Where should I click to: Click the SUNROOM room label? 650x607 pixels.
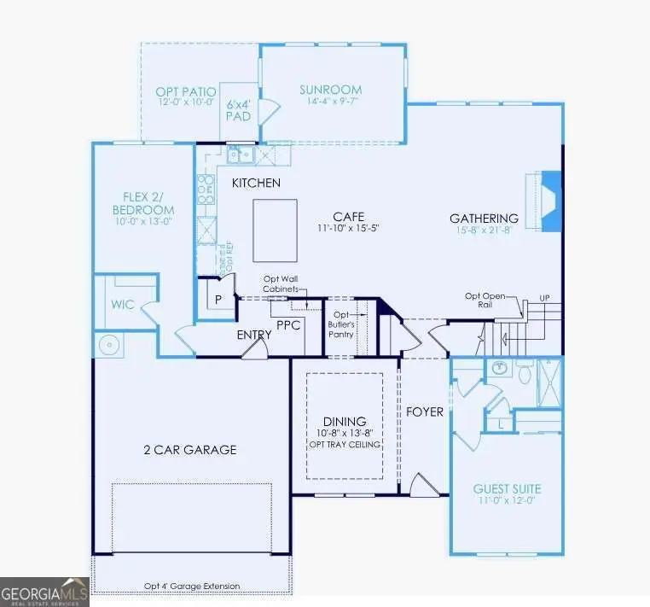coord(330,90)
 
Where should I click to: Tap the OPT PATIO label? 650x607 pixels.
coord(186,91)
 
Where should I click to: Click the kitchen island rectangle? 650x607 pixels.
coord(275,231)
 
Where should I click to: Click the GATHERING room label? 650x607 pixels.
coord(484,219)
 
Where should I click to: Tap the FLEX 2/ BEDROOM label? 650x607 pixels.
coord(142,203)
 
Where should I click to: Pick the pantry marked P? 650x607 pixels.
coord(218,300)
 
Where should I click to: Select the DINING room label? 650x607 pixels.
coord(345,422)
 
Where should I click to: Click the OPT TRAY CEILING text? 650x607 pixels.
coord(345,445)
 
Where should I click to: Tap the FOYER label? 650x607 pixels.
coord(424,412)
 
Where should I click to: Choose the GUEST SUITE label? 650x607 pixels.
coord(507,489)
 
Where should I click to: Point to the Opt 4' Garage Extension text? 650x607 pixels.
coord(191,587)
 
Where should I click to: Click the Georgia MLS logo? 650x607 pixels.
coord(44,591)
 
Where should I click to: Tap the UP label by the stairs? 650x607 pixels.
coord(543,298)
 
